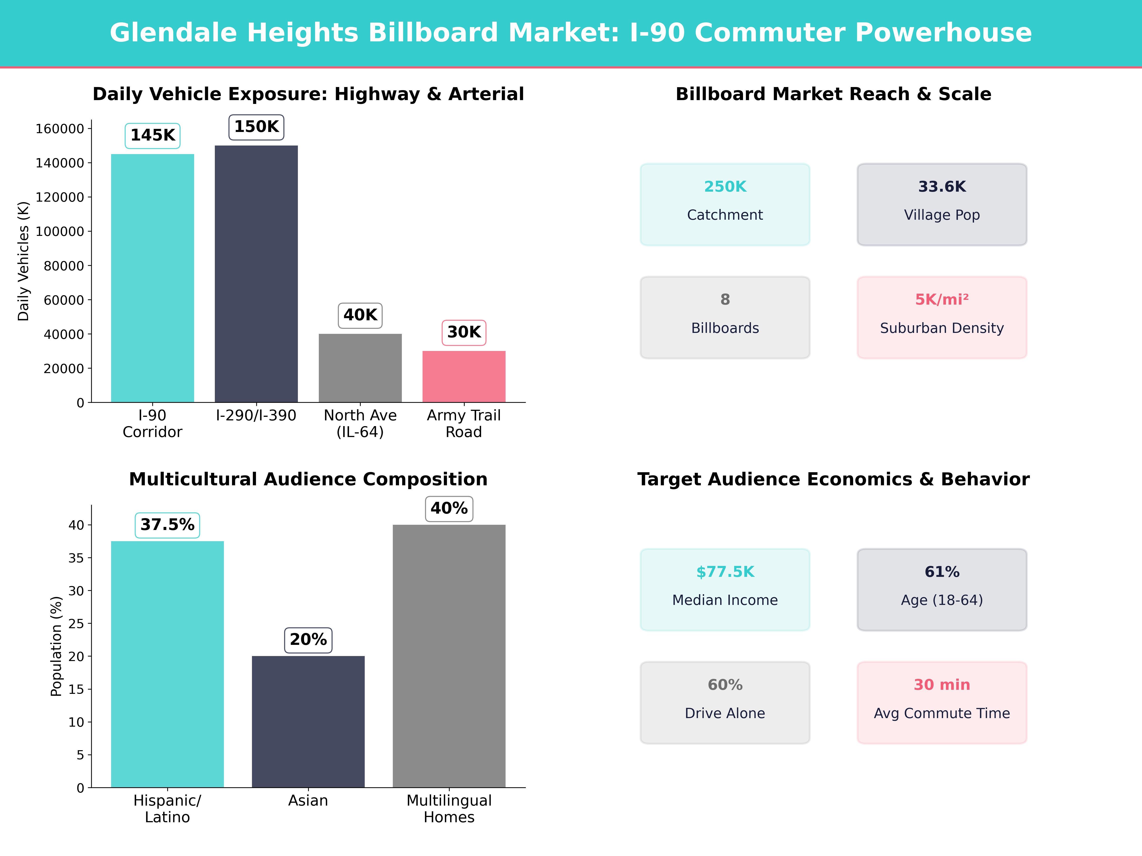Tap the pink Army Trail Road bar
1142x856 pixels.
(464, 377)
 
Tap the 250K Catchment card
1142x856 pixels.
(725, 204)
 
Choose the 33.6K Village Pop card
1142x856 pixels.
(942, 204)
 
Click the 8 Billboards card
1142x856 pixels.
(725, 317)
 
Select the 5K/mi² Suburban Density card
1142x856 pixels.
(942, 317)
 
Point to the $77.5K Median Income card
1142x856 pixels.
(725, 589)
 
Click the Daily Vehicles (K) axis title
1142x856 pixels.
(23, 261)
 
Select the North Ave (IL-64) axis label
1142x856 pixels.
(360, 424)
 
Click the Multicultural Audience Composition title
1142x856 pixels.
(308, 479)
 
